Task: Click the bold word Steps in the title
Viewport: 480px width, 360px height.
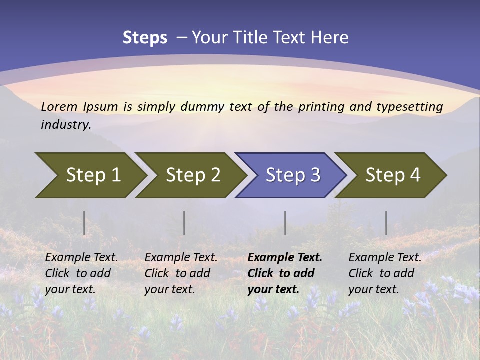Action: pyautogui.click(x=145, y=37)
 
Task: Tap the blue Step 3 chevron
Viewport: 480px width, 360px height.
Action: pyautogui.click(x=292, y=175)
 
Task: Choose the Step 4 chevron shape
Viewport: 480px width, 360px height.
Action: pyautogui.click(x=393, y=175)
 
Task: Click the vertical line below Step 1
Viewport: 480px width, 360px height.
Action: pyautogui.click(x=84, y=223)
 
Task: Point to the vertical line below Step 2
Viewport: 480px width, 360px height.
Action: pyautogui.click(x=184, y=223)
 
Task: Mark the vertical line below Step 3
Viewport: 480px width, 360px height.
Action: pyautogui.click(x=285, y=223)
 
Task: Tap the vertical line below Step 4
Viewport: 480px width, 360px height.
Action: pyautogui.click(x=386, y=223)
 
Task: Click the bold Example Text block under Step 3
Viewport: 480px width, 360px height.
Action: pyautogui.click(x=285, y=273)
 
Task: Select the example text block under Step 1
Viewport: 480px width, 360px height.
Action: pyautogui.click(x=81, y=273)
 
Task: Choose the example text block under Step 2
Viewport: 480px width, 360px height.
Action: pyautogui.click(x=181, y=273)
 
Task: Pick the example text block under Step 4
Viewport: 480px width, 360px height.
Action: pyautogui.click(x=385, y=273)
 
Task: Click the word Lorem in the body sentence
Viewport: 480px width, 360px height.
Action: pyautogui.click(x=59, y=106)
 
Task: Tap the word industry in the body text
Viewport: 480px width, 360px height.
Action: pyautogui.click(x=65, y=125)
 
